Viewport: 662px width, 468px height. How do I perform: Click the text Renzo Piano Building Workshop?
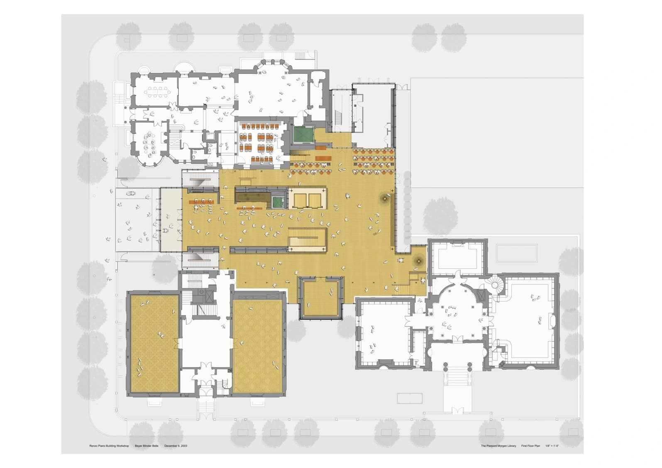[109, 446]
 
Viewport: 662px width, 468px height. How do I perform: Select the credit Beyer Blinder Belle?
[147, 446]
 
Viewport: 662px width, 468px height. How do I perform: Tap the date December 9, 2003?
[176, 446]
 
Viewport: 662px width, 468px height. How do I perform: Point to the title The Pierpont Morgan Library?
[498, 446]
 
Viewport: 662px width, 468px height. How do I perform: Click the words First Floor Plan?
[531, 446]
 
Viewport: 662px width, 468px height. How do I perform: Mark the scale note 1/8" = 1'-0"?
[552, 446]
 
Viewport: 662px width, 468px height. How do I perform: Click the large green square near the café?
[303, 134]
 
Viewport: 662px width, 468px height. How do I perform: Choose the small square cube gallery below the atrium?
[321, 297]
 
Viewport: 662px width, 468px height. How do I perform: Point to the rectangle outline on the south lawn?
[410, 398]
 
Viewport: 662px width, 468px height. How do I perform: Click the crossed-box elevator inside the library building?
[481, 296]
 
